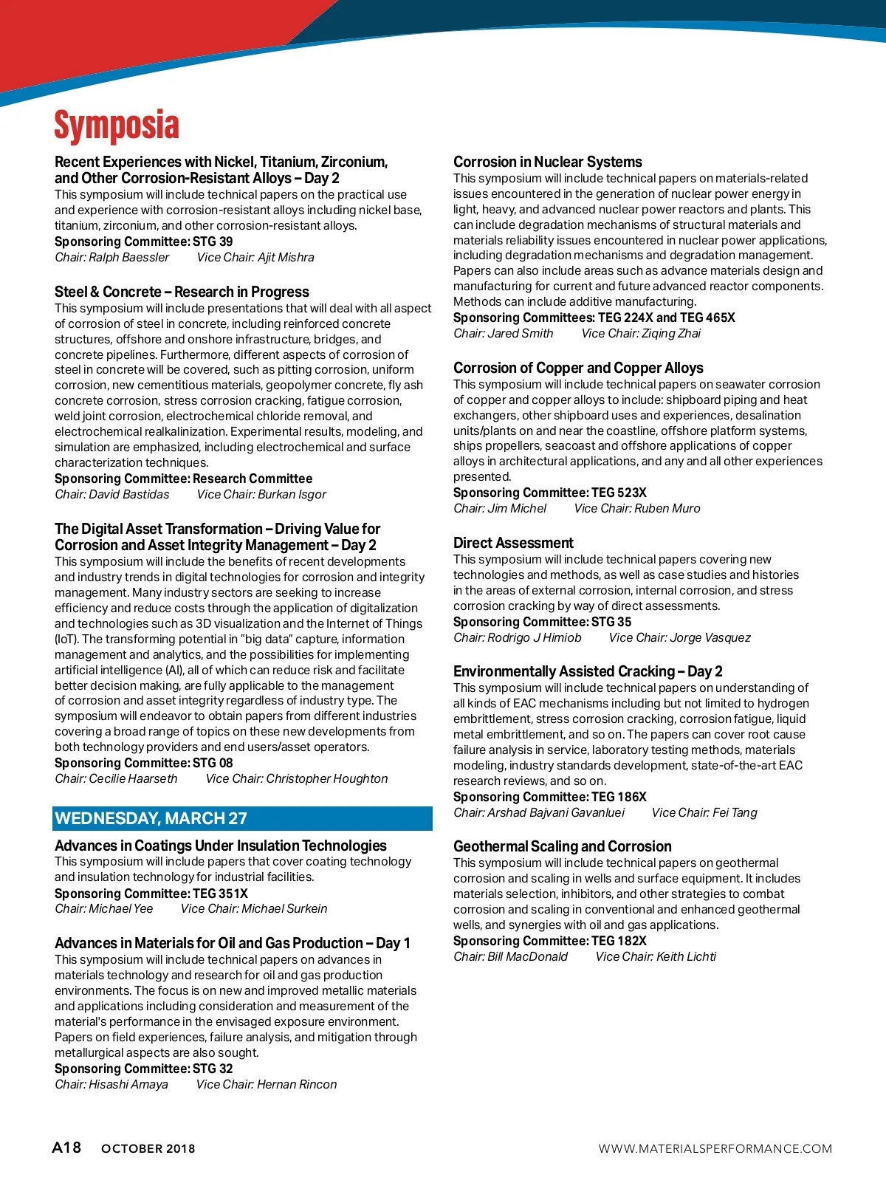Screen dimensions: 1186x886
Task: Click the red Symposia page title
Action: pyautogui.click(x=117, y=126)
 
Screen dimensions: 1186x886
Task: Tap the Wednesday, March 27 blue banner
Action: pyautogui.click(x=242, y=818)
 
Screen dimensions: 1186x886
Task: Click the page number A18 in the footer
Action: pyautogui.click(x=66, y=1147)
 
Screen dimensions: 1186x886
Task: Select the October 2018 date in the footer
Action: pyautogui.click(x=148, y=1148)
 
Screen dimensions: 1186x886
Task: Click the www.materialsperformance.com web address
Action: pyautogui.click(x=715, y=1148)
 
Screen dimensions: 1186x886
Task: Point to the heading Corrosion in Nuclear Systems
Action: pyautogui.click(x=547, y=162)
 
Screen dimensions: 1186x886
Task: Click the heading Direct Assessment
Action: pyautogui.click(x=513, y=543)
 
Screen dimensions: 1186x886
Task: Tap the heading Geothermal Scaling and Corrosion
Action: pyautogui.click(x=562, y=846)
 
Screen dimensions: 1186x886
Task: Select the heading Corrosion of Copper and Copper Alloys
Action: pyautogui.click(x=578, y=368)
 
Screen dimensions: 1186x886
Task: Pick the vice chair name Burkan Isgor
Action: pyautogui.click(x=292, y=494)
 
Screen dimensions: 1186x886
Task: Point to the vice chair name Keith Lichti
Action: pyautogui.click(x=686, y=956)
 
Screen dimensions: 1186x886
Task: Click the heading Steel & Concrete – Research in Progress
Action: pyautogui.click(x=182, y=292)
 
